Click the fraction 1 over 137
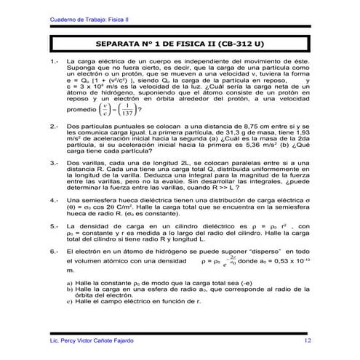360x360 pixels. point(127,110)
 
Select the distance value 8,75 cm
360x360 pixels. point(263,127)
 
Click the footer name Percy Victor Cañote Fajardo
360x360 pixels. point(95,340)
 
